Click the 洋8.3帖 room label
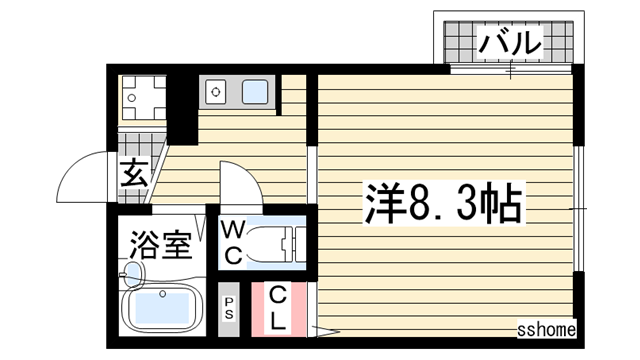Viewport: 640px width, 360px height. pos(444,203)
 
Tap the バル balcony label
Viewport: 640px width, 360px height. pos(510,42)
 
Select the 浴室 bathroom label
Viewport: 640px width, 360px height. pos(160,245)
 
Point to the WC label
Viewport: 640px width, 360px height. pos(234,242)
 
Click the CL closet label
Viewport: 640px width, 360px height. pos(278,308)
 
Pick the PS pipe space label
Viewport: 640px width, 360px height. pos(229,308)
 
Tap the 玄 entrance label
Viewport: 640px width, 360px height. pos(133,173)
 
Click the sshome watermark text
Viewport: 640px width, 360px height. pos(547,329)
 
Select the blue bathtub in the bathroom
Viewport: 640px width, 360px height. pos(163,307)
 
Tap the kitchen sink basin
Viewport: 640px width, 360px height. pos(255,92)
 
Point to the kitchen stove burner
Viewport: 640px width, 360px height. pos(216,92)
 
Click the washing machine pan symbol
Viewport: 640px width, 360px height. pos(143,98)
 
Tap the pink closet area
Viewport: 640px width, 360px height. pos(279,309)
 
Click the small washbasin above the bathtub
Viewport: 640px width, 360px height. pos(132,275)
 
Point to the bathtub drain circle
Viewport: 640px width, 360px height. pos(163,293)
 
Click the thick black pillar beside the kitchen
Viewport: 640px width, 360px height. pos(182,109)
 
